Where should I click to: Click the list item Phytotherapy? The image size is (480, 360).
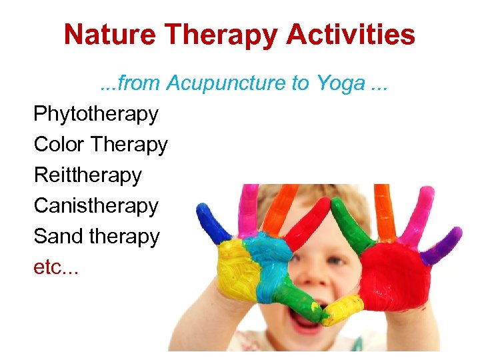point(96,114)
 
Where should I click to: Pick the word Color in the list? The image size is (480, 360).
point(59,145)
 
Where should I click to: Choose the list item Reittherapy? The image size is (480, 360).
point(88,175)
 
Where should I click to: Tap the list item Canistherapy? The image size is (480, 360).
point(96,206)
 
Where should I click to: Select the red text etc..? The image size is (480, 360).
point(56,267)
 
